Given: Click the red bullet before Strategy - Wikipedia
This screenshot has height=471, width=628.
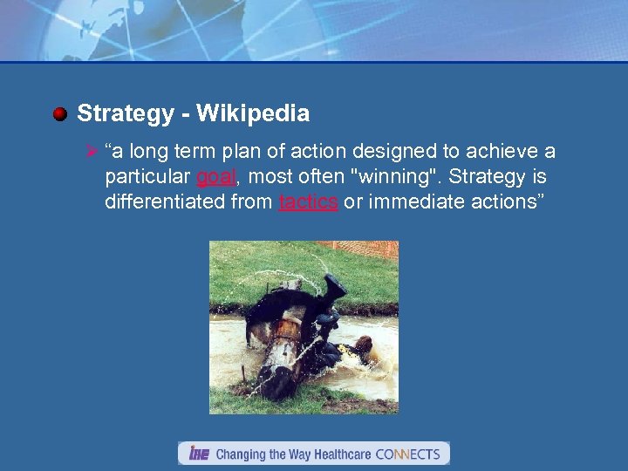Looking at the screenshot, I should [x=59, y=114].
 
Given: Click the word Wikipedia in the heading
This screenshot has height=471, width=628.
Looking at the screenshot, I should [x=253, y=113].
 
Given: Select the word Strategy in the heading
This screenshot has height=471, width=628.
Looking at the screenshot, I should [x=113, y=113].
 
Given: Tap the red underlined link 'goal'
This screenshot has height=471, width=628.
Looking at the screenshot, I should [x=215, y=178].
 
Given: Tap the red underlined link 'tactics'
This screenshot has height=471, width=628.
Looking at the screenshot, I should [x=308, y=202].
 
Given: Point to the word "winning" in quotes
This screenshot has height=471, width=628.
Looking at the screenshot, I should [x=387, y=178].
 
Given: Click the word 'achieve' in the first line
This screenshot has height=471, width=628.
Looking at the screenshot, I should [x=501, y=153].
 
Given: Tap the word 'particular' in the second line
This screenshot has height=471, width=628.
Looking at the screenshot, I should [x=147, y=178].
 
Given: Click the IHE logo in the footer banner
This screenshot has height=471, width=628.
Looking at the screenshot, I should [x=200, y=454].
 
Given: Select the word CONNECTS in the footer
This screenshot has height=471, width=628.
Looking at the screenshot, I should [x=407, y=454].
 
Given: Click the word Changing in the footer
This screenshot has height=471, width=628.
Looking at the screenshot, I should [x=242, y=454].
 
